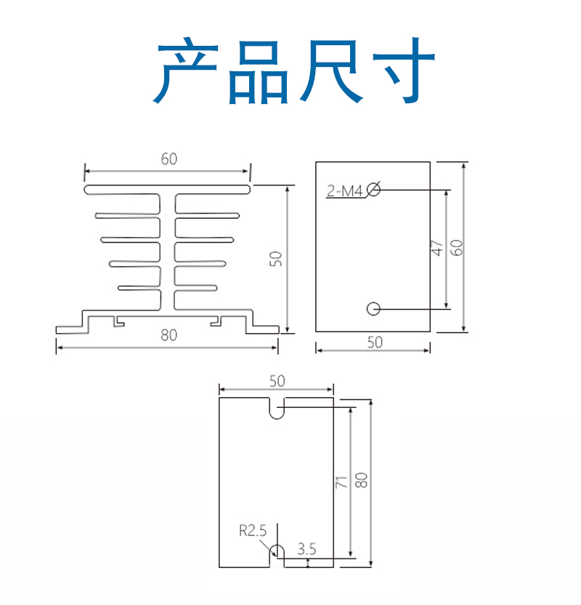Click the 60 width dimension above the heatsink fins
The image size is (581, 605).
169,159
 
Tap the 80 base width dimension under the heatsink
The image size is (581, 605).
169,335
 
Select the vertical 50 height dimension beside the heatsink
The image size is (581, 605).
276,259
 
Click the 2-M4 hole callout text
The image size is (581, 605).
345,191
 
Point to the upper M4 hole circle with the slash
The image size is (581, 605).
373,189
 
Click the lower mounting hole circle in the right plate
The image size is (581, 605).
373,308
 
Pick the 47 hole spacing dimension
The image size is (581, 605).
437,248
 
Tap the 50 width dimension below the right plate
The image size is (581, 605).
375,342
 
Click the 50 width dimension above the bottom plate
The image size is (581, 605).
277,381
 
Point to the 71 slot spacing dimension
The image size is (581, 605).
342,482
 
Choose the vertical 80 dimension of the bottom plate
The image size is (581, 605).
362,481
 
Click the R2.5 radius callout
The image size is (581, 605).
253,531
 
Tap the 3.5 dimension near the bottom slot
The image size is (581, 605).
306,549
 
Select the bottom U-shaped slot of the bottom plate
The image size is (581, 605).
277,545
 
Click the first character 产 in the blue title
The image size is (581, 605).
186,71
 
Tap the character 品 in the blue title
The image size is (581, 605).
259,72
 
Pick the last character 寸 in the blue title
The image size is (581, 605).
403,71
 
